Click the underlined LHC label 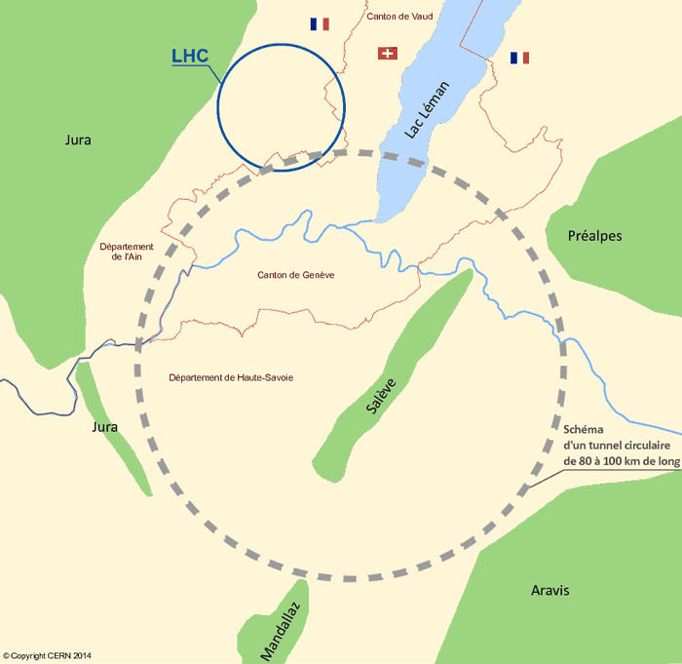(190, 57)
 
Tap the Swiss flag (388, 53)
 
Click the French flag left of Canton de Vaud (320, 23)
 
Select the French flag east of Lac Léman (519, 59)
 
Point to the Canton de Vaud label (399, 17)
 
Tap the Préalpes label (594, 236)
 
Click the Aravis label (550, 591)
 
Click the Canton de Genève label (296, 276)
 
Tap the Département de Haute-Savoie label (231, 377)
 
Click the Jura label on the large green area (78, 139)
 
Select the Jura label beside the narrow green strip (104, 427)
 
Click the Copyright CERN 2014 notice (54, 656)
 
